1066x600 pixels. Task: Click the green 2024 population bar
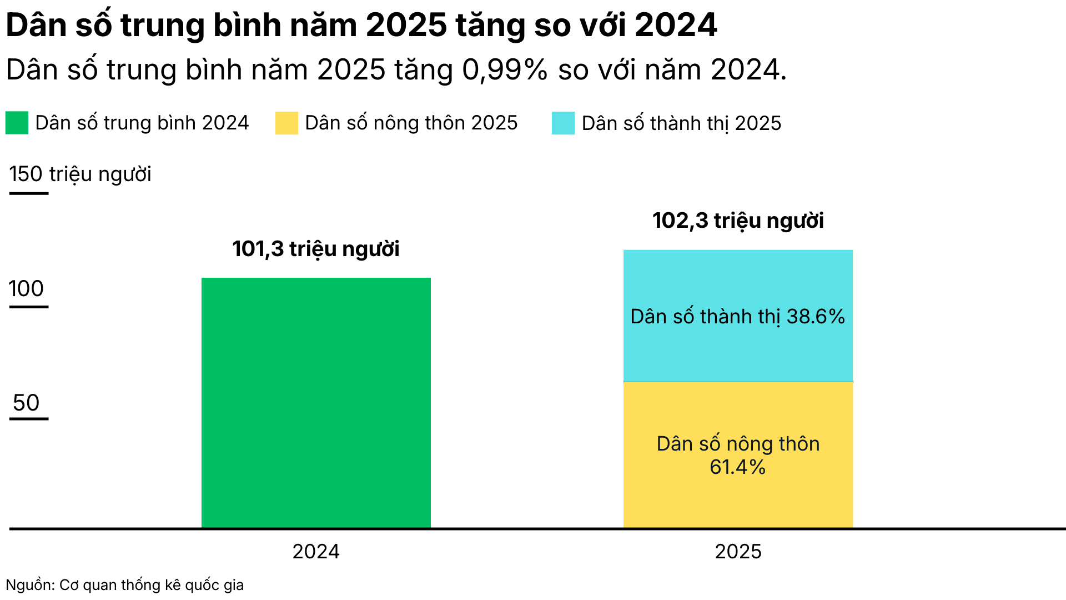(x=316, y=403)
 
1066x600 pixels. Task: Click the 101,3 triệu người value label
(x=316, y=249)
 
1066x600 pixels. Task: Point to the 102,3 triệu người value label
(x=738, y=221)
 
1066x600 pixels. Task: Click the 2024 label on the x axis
(x=316, y=552)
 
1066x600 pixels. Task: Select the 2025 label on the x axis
(x=738, y=552)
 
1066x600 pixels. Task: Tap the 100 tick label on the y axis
(x=26, y=289)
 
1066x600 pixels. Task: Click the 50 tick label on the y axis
(x=26, y=403)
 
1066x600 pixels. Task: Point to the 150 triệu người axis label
(x=80, y=174)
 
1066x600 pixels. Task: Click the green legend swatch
(x=17, y=123)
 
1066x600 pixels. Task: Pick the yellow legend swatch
(x=286, y=123)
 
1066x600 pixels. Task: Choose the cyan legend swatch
(x=563, y=123)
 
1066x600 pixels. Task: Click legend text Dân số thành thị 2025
(x=681, y=123)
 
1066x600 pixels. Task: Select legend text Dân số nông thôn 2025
(x=411, y=123)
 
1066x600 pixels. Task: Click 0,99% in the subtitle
(x=505, y=71)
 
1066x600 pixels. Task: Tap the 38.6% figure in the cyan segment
(x=816, y=317)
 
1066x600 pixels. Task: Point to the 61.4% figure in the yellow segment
(x=737, y=467)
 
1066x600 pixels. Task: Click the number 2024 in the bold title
(x=676, y=25)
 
